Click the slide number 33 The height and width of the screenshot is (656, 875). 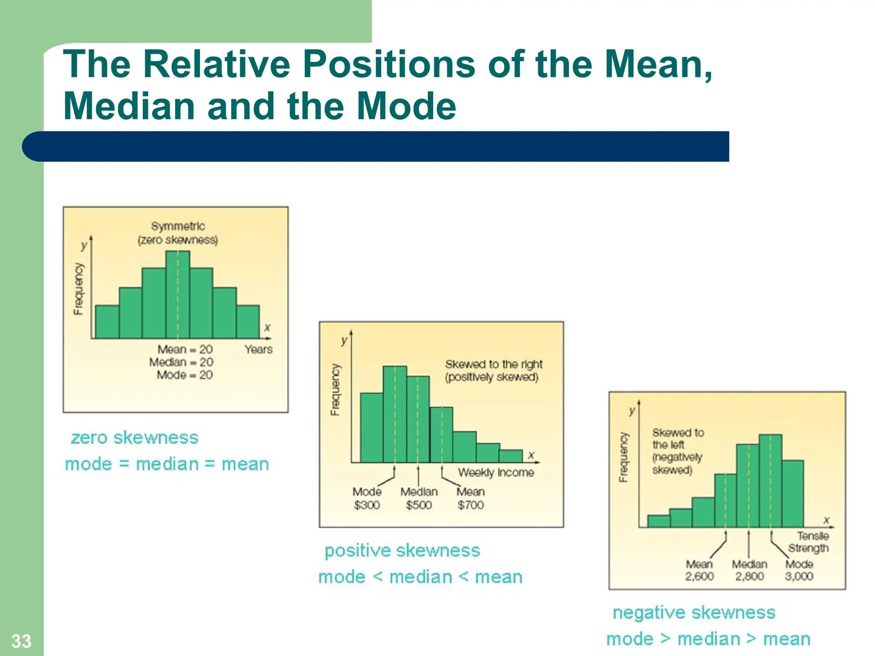21,641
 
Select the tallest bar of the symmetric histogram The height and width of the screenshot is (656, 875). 178,295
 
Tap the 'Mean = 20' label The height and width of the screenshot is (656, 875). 185,349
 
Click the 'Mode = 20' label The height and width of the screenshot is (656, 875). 185,375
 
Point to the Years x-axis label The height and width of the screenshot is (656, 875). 258,349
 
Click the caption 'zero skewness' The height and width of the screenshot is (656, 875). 135,438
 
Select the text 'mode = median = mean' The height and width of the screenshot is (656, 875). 167,464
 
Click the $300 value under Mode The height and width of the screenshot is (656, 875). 367,505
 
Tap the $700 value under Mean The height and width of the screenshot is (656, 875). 470,505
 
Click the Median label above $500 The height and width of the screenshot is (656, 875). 419,492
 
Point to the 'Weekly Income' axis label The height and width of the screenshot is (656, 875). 496,472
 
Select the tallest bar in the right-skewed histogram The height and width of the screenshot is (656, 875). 395,414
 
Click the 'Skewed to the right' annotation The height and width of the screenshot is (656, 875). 493,364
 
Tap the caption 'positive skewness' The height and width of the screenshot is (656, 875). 402,551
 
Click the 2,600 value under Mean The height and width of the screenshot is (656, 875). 699,576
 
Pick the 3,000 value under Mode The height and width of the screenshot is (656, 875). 799,576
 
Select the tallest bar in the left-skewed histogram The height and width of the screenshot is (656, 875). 770,480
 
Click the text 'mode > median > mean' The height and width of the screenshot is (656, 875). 708,639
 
